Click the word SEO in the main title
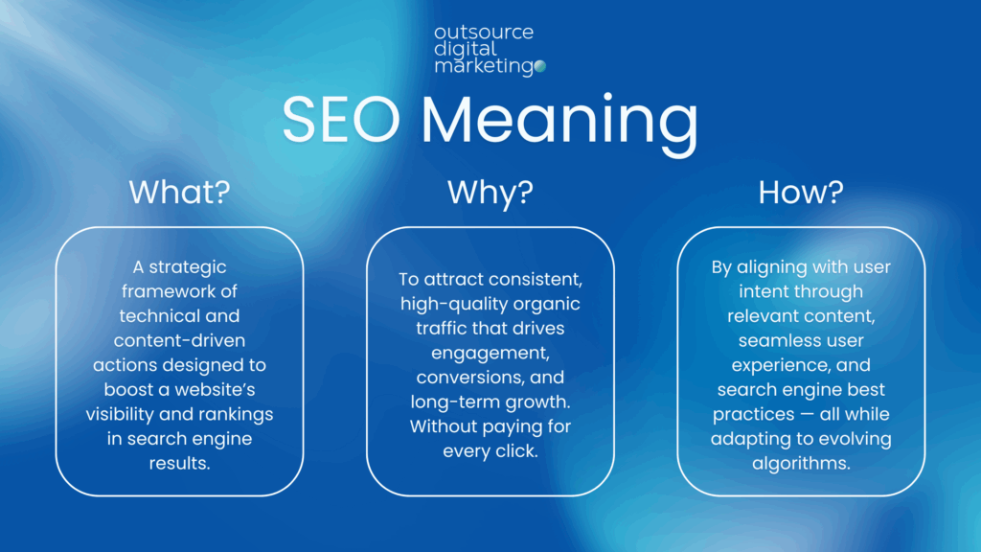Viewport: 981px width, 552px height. point(341,119)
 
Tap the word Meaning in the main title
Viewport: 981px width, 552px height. point(559,124)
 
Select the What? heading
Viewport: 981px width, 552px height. point(179,192)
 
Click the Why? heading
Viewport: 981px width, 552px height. point(490,193)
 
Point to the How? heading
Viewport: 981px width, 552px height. point(801,192)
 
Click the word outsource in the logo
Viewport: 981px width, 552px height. point(484,32)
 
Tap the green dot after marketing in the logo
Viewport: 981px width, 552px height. point(540,66)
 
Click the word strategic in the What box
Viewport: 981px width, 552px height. point(188,267)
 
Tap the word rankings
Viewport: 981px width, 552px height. point(234,414)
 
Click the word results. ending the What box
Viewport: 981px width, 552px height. point(179,463)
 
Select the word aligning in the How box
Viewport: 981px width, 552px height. point(772,267)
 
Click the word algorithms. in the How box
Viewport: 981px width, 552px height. point(801,463)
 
